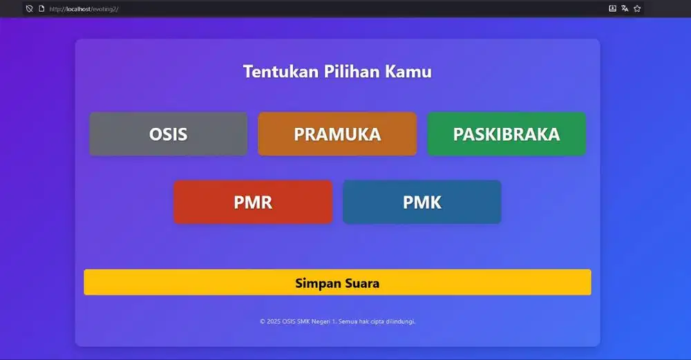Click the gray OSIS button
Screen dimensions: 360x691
pyautogui.click(x=168, y=134)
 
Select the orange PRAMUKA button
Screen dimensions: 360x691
pyautogui.click(x=337, y=134)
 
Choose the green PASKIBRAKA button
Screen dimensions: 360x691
pyautogui.click(x=507, y=134)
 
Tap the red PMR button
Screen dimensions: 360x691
pyautogui.click(x=253, y=202)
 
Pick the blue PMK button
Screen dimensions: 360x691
pyautogui.click(x=422, y=202)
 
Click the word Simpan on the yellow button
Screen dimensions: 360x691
pyautogui.click(x=314, y=283)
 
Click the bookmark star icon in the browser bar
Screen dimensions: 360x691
pyautogui.click(x=637, y=9)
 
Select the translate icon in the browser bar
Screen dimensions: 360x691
pyautogui.click(x=625, y=9)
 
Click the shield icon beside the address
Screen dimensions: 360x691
pyautogui.click(x=29, y=9)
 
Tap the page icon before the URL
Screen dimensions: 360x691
pyautogui.click(x=41, y=9)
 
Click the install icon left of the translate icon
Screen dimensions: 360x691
pyautogui.click(x=612, y=9)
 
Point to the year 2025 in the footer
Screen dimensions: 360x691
pyautogui.click(x=274, y=321)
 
